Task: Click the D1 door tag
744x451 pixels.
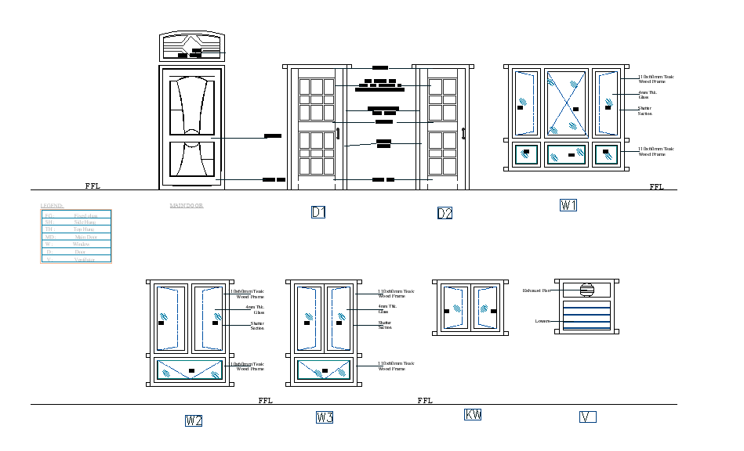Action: tap(318, 212)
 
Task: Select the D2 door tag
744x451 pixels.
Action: tap(445, 214)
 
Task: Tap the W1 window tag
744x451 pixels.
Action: tap(568, 205)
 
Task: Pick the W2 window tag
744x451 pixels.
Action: tap(194, 421)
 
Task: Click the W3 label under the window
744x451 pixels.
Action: tap(325, 418)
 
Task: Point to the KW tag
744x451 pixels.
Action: tap(473, 415)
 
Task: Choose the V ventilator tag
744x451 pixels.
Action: tap(587, 417)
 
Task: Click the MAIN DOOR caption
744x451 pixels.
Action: tap(187, 206)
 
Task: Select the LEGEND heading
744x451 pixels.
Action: tap(53, 206)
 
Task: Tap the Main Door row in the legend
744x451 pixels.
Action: tap(76, 237)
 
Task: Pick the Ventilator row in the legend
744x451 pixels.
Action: tap(76, 259)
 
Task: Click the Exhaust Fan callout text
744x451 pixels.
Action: tap(537, 290)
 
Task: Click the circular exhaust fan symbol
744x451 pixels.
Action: tap(586, 290)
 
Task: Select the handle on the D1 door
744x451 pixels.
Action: tap(338, 134)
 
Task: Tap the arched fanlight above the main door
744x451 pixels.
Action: tap(192, 48)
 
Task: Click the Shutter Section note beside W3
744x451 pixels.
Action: tap(385, 325)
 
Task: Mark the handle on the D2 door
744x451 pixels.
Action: tap(464, 134)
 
